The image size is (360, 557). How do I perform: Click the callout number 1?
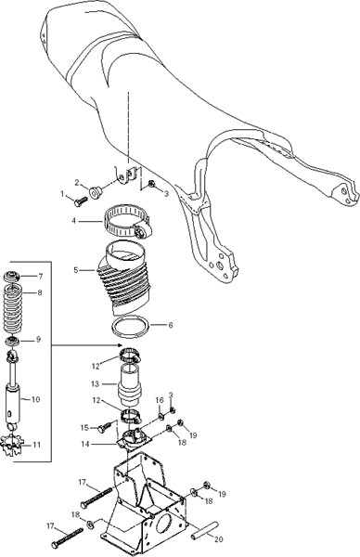point(63,194)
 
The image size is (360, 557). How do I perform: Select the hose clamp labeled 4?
point(128,221)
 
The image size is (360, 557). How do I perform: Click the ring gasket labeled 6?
point(130,327)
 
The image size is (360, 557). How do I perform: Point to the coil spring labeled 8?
point(12,309)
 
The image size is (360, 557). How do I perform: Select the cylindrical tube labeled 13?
point(130,385)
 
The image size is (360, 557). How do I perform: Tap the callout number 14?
point(85,444)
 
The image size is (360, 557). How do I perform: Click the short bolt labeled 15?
point(104,428)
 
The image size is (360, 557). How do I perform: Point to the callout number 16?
point(160,400)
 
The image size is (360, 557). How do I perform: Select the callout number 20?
point(219,538)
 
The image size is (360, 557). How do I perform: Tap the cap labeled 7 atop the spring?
point(13,276)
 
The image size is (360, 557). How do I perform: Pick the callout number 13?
point(95,384)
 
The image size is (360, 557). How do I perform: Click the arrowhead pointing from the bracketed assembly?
point(120,345)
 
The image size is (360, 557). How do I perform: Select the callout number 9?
point(38,340)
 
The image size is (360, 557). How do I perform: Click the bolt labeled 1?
point(81,201)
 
